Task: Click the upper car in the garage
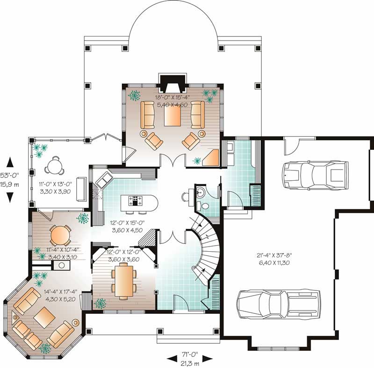(x=315, y=173)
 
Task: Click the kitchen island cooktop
(x=136, y=201)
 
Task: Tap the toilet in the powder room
(x=205, y=206)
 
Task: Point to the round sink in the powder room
(x=201, y=191)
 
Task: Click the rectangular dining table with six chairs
(x=124, y=280)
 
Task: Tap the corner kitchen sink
(x=104, y=179)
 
